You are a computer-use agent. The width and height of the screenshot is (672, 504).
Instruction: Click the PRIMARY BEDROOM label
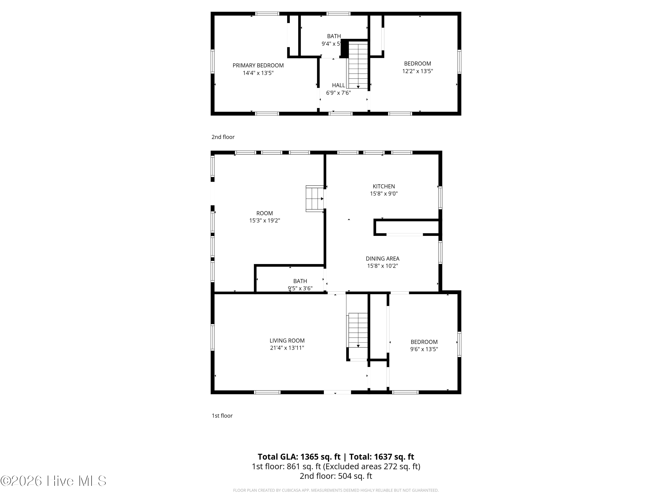pos(258,65)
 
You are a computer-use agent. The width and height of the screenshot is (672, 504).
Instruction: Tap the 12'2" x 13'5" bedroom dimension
pos(417,71)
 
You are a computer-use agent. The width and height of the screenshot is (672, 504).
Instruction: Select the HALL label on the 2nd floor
pos(338,85)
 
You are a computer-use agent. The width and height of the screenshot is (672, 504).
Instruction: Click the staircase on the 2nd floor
pos(358,65)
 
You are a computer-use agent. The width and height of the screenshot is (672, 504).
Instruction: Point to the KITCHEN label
pos(384,186)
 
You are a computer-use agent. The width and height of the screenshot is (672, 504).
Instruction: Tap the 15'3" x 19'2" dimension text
pos(264,221)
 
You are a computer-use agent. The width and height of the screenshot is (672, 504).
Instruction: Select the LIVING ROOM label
pos(287,340)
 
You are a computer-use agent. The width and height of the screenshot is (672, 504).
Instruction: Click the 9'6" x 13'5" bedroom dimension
pos(424,349)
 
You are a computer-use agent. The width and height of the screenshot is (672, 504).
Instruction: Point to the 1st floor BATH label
pos(300,281)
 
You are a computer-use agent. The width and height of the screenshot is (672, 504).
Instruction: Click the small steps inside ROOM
pos(314,199)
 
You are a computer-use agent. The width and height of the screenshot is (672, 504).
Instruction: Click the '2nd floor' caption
pos(223,137)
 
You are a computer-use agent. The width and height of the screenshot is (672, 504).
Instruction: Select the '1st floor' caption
pos(222,416)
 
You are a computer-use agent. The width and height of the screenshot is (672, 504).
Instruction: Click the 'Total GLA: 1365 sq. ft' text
pos(299,457)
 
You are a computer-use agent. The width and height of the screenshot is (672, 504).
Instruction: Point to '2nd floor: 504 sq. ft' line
pos(336,476)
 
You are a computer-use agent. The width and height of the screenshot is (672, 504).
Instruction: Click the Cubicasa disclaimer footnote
pos(336,490)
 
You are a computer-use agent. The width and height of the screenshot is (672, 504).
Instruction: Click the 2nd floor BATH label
pos(334,36)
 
